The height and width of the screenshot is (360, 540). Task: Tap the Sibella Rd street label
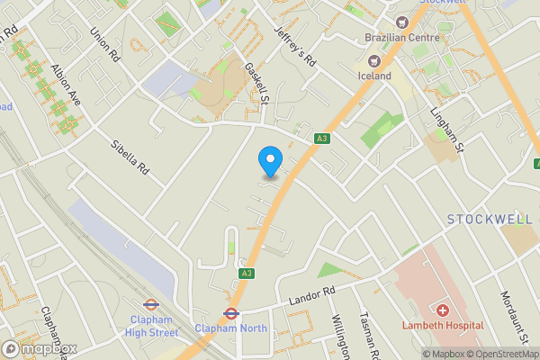click(129, 157)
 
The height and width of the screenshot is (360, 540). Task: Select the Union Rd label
click(105, 43)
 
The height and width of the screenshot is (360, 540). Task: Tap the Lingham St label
click(446, 131)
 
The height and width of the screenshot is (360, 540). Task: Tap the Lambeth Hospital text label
click(443, 325)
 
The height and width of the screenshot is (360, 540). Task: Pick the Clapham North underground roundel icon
click(230, 314)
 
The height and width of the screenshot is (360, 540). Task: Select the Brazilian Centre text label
click(401, 38)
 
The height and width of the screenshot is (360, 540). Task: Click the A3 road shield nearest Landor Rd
click(246, 273)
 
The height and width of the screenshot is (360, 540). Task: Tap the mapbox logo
click(40, 349)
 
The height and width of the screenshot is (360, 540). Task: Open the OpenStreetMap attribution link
click(499, 354)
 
